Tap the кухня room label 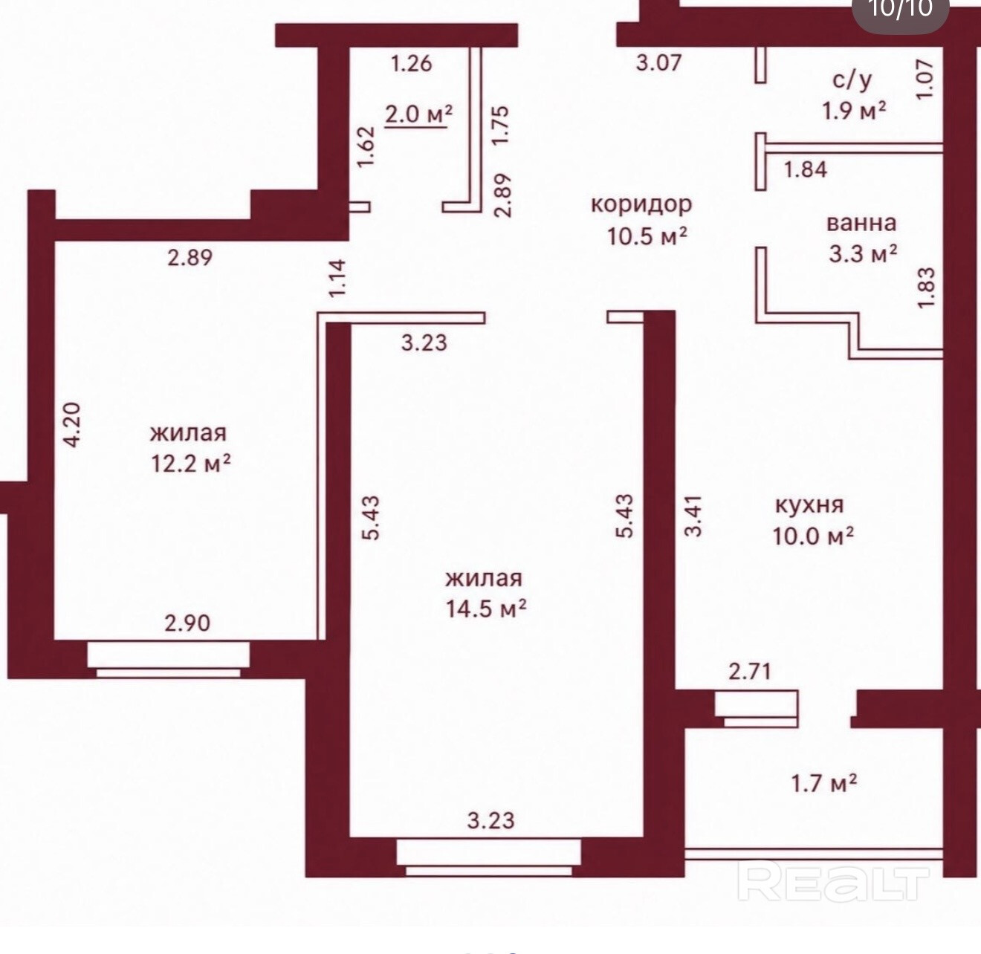pos(809,505)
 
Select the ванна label pos(861,223)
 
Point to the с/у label pos(852,81)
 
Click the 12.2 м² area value pos(191,463)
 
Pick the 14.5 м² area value pos(486,609)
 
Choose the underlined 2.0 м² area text pos(418,114)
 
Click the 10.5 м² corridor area pos(647,236)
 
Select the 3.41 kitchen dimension pos(693,516)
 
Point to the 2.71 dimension pos(750,671)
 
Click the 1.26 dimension pos(412,63)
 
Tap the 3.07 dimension pos(659,62)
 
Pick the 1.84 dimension pos(806,169)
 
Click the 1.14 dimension pos(337,278)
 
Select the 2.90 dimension pos(187,623)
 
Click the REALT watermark pos(833,883)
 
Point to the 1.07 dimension pos(925,79)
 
